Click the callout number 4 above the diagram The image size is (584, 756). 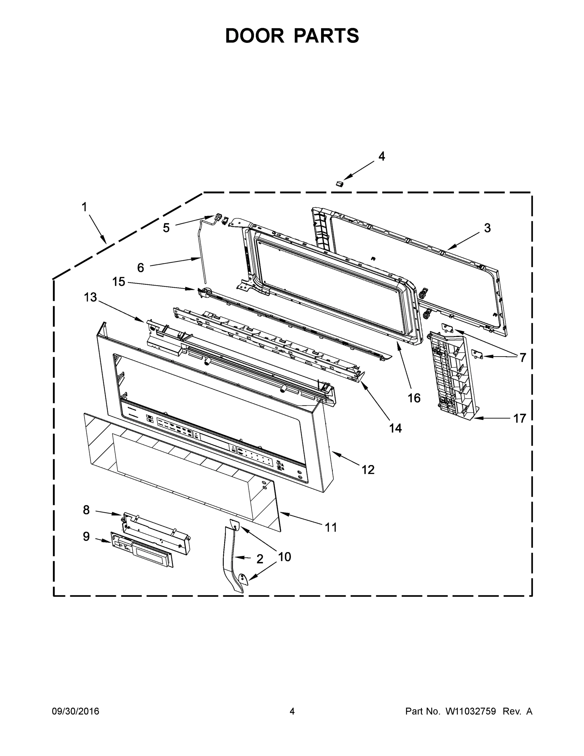point(381,157)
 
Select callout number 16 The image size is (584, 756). point(414,398)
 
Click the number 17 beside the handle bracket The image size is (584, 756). point(519,419)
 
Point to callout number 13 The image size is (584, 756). point(90,297)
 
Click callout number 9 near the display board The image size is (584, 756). point(86,536)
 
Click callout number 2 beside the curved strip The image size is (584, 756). point(260,559)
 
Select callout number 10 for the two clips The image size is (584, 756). point(284,557)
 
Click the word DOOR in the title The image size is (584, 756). point(255,36)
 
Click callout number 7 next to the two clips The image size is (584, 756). point(522,357)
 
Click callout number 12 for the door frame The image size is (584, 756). point(368,470)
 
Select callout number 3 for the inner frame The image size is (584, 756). point(487,228)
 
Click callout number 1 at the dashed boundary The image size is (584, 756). point(84,207)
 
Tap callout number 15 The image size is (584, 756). point(118,282)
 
